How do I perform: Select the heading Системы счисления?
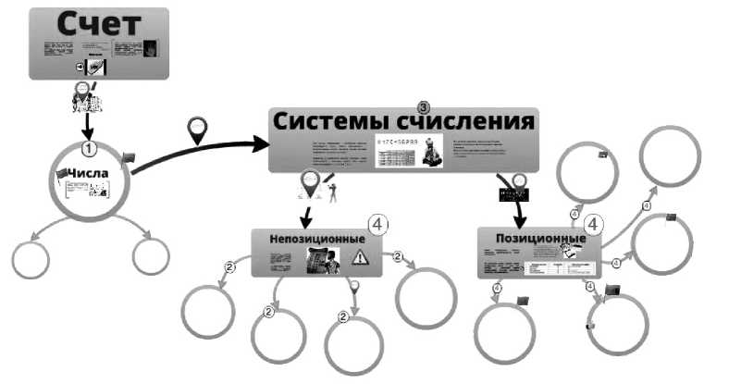tap(403, 120)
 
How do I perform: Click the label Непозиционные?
tap(316, 239)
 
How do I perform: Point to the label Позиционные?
tap(533, 238)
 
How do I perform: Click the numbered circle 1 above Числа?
tap(89, 147)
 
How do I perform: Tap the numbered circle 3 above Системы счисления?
tap(425, 107)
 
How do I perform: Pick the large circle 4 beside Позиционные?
tap(592, 225)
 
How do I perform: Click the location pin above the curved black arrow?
tap(196, 130)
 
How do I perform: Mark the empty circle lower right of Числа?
tap(151, 256)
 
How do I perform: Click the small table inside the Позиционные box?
tap(554, 268)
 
